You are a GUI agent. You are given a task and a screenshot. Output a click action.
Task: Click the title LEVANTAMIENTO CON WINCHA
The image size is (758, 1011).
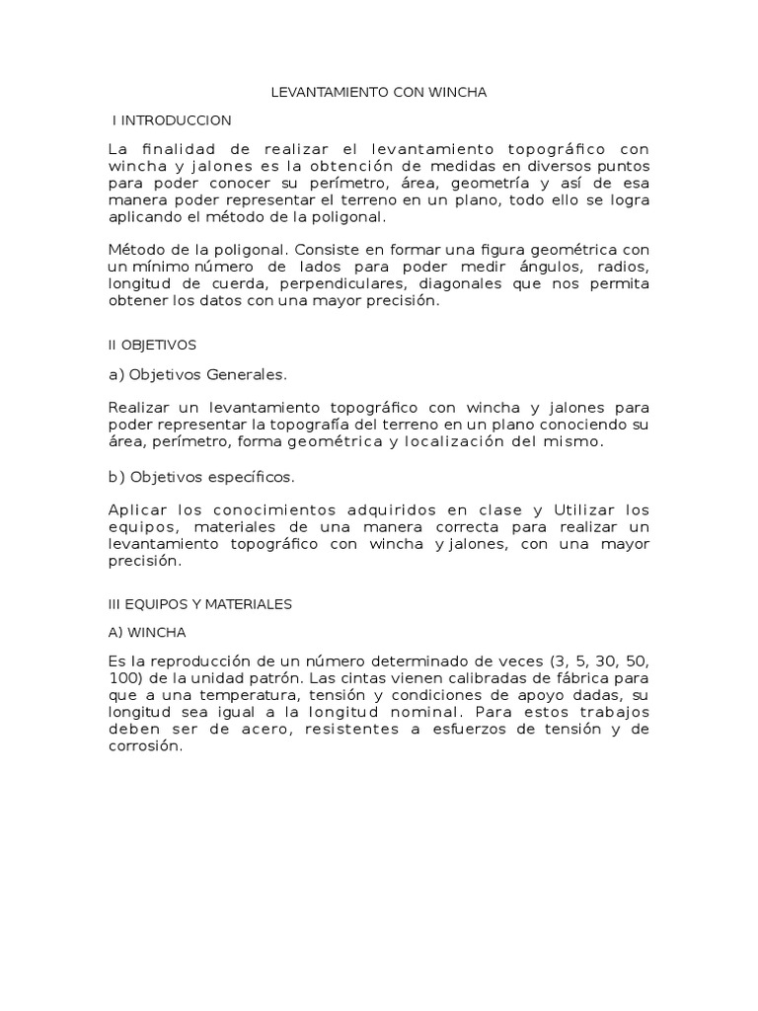click(379, 93)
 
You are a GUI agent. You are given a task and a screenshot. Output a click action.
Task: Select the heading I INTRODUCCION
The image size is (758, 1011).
click(172, 120)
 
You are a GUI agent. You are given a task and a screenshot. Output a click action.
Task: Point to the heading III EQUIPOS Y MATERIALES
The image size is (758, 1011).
click(200, 604)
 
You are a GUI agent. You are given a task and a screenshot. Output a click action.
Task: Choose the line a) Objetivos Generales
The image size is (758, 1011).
click(197, 375)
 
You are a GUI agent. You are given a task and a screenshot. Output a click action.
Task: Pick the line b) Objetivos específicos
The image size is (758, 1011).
click(201, 477)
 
